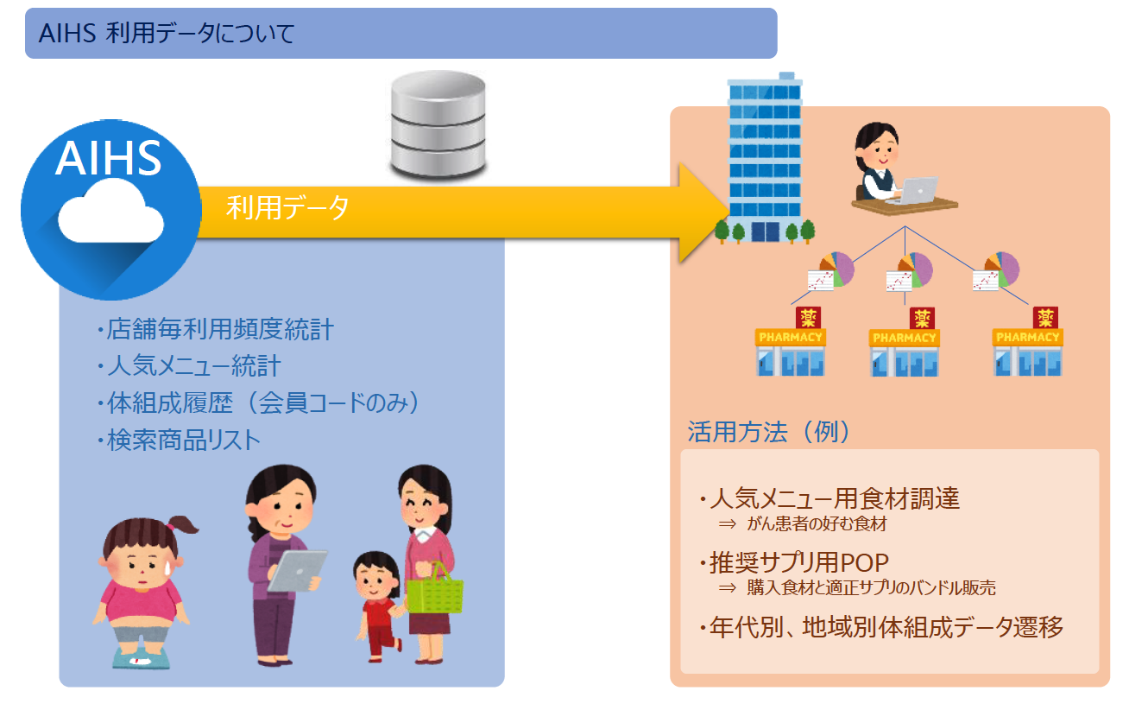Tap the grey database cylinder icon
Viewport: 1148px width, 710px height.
click(438, 125)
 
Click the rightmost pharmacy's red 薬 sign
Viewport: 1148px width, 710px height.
click(1046, 317)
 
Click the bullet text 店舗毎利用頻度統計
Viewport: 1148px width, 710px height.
click(216, 330)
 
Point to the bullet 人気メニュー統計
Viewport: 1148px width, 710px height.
click(189, 366)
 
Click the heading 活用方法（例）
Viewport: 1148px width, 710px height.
click(768, 432)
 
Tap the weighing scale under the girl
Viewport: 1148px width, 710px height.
click(140, 656)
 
